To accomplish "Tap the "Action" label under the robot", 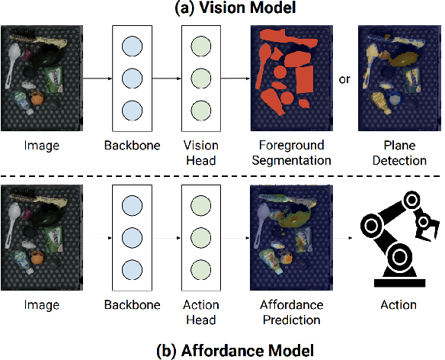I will (398, 305).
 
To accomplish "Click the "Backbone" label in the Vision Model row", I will (132, 146).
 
